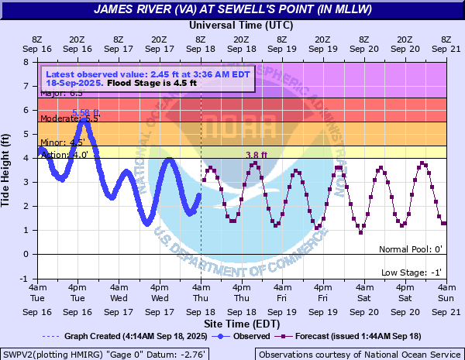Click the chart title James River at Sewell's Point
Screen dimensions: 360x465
pyautogui.click(x=232, y=10)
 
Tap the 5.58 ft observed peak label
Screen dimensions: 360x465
pyautogui.click(x=85, y=114)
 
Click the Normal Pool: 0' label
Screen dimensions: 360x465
pyautogui.click(x=410, y=249)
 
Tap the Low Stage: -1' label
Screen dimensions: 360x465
pyautogui.click(x=412, y=273)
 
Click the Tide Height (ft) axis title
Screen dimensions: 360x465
pyautogui.click(x=10, y=170)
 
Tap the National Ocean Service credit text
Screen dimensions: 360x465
pyautogui.click(x=360, y=354)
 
